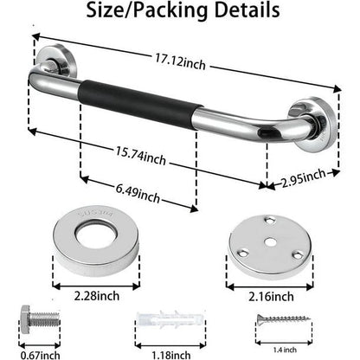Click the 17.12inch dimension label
181,62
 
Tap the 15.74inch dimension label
141,156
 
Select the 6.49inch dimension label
138,193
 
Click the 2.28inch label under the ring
97,296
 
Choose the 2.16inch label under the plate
271,297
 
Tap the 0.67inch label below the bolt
40,355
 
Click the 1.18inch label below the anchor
171,355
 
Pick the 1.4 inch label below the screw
285,350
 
